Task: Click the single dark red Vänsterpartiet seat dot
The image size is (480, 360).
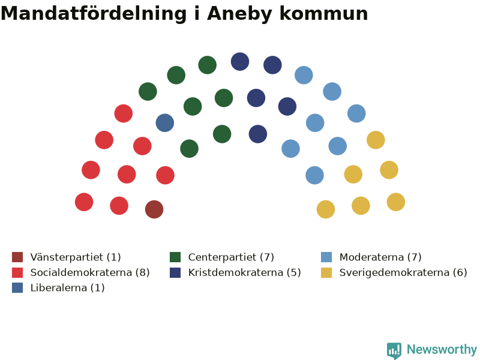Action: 154,209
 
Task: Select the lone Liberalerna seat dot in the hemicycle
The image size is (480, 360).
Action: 164,123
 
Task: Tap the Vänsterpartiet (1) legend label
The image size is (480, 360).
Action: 76,257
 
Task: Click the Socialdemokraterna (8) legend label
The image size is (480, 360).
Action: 90,272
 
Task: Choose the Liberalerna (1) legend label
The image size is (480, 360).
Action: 67,288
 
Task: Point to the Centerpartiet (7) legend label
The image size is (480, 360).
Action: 231,257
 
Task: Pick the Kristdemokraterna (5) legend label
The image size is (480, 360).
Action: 245,272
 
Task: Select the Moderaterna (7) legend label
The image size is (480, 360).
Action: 380,257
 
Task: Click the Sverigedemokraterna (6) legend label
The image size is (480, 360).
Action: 403,272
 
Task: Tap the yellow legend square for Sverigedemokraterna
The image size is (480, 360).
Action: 326,272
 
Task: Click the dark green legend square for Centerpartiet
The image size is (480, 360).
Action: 175,257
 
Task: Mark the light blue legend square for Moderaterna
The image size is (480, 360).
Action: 326,257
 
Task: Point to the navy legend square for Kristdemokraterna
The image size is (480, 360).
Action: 175,272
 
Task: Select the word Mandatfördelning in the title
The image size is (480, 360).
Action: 94,14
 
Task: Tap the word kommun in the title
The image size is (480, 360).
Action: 324,14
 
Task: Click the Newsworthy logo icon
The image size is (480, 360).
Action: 394,350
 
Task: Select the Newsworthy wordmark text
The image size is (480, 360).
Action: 442,349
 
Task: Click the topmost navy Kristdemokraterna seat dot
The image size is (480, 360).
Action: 240,62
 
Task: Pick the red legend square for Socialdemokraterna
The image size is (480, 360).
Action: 17,272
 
